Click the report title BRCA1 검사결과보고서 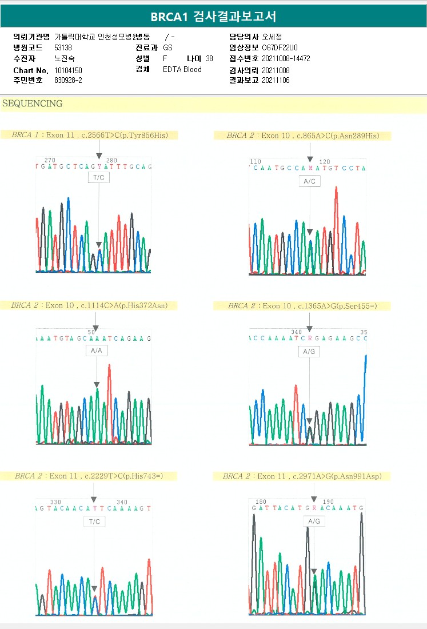coord(213,17)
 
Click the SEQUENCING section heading coord(33,104)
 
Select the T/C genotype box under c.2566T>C coord(98,177)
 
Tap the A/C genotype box coord(309,181)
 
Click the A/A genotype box coord(96,351)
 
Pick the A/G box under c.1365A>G coord(309,352)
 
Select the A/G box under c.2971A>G coord(314,521)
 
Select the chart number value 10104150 coord(68,70)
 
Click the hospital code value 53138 coord(63,47)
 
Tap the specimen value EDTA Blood coord(182,70)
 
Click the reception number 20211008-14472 coord(286,59)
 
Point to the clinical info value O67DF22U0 coord(279,47)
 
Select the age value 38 coord(209,59)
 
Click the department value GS coord(167,47)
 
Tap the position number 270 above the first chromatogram coord(50,161)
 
